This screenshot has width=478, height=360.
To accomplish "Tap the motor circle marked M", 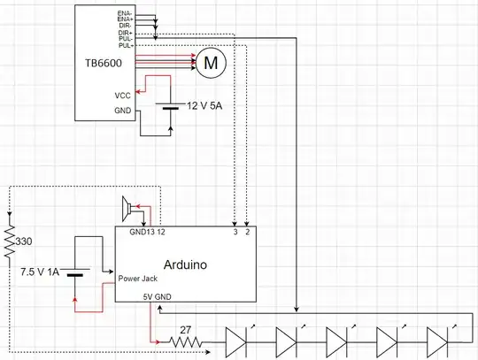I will tap(211, 61).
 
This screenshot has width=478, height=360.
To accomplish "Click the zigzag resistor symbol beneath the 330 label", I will tap(9, 242).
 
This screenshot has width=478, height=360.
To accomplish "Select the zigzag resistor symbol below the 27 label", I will tap(185, 340).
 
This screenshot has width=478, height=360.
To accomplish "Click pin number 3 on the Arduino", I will tap(234, 233).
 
